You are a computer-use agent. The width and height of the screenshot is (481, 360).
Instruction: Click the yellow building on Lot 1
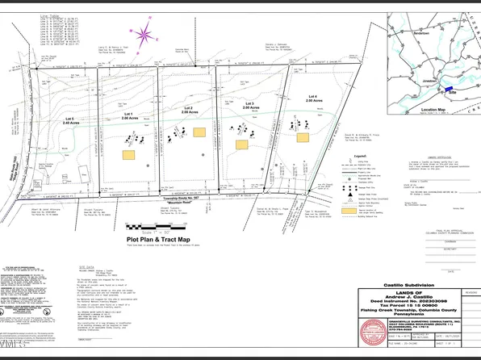pyautogui.click(x=128, y=153)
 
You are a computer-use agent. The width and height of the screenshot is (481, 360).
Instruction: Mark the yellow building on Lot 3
pyautogui.click(x=241, y=144)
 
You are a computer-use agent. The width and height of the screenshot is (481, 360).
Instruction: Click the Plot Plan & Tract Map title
pyautogui.click(x=158, y=240)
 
